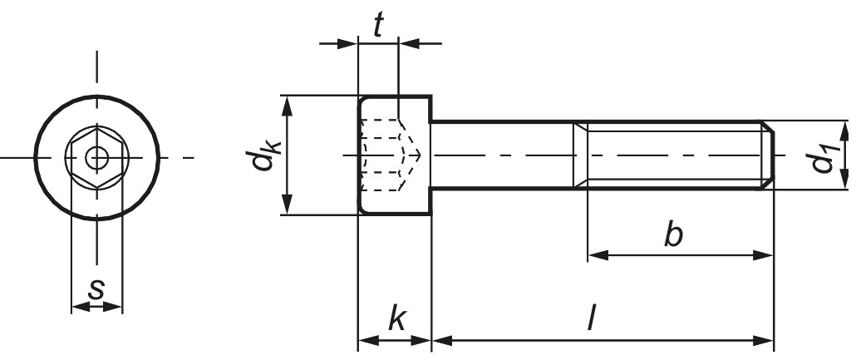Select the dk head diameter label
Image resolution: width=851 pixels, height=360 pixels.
(266, 155)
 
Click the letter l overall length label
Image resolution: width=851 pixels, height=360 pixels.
(591, 320)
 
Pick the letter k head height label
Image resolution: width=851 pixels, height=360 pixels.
(396, 320)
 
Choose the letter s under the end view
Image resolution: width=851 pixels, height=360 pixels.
(97, 290)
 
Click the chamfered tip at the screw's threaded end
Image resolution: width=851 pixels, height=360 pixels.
(770, 155)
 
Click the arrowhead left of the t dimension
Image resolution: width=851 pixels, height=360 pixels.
(349, 42)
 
